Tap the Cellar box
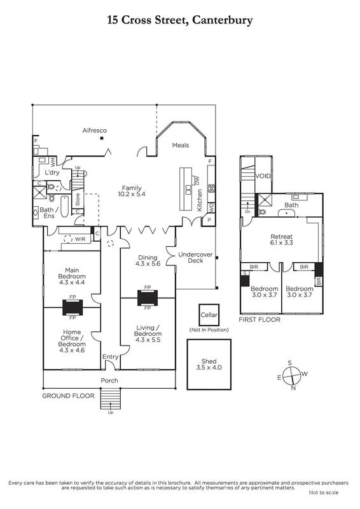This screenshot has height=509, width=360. coord(209,315)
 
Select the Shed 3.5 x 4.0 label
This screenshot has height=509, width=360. coord(209,364)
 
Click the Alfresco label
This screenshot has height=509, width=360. coord(95,130)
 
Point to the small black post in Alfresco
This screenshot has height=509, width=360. coord(102,138)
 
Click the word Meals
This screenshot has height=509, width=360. coord(181,145)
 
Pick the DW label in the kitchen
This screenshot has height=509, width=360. coord(197,180)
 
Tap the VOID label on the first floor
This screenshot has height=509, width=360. coord(263,176)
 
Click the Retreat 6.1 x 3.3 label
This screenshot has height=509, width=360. coord(282,240)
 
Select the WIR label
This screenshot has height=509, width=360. coord(80,239)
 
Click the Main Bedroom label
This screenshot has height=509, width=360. coord(72,276)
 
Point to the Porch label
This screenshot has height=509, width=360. coord(109,380)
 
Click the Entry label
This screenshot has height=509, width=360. coord(111,357)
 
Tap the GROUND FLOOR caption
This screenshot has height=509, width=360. coord(68,396)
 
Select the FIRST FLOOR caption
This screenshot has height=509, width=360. coord(260,320)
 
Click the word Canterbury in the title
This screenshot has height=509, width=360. coord(223,20)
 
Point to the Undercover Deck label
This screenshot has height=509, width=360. coord(195,258)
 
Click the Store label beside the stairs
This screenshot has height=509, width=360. coord(78,199)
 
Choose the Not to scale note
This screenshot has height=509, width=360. coord(323,492)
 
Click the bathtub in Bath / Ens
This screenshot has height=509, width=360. coord(65,206)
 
